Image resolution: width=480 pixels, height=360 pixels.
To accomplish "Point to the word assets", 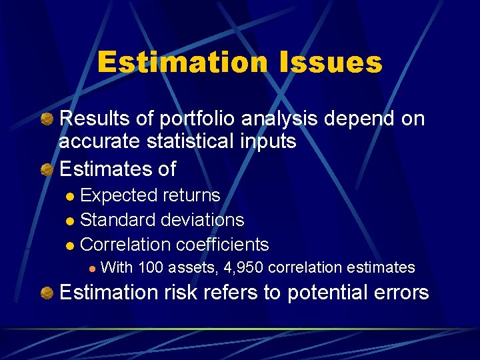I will click(193, 267).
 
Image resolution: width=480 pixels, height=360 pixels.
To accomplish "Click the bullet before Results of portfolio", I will click(47, 119).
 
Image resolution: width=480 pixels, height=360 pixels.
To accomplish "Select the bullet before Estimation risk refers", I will click(47, 292).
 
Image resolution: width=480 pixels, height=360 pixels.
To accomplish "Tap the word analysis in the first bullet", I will click(282, 119).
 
